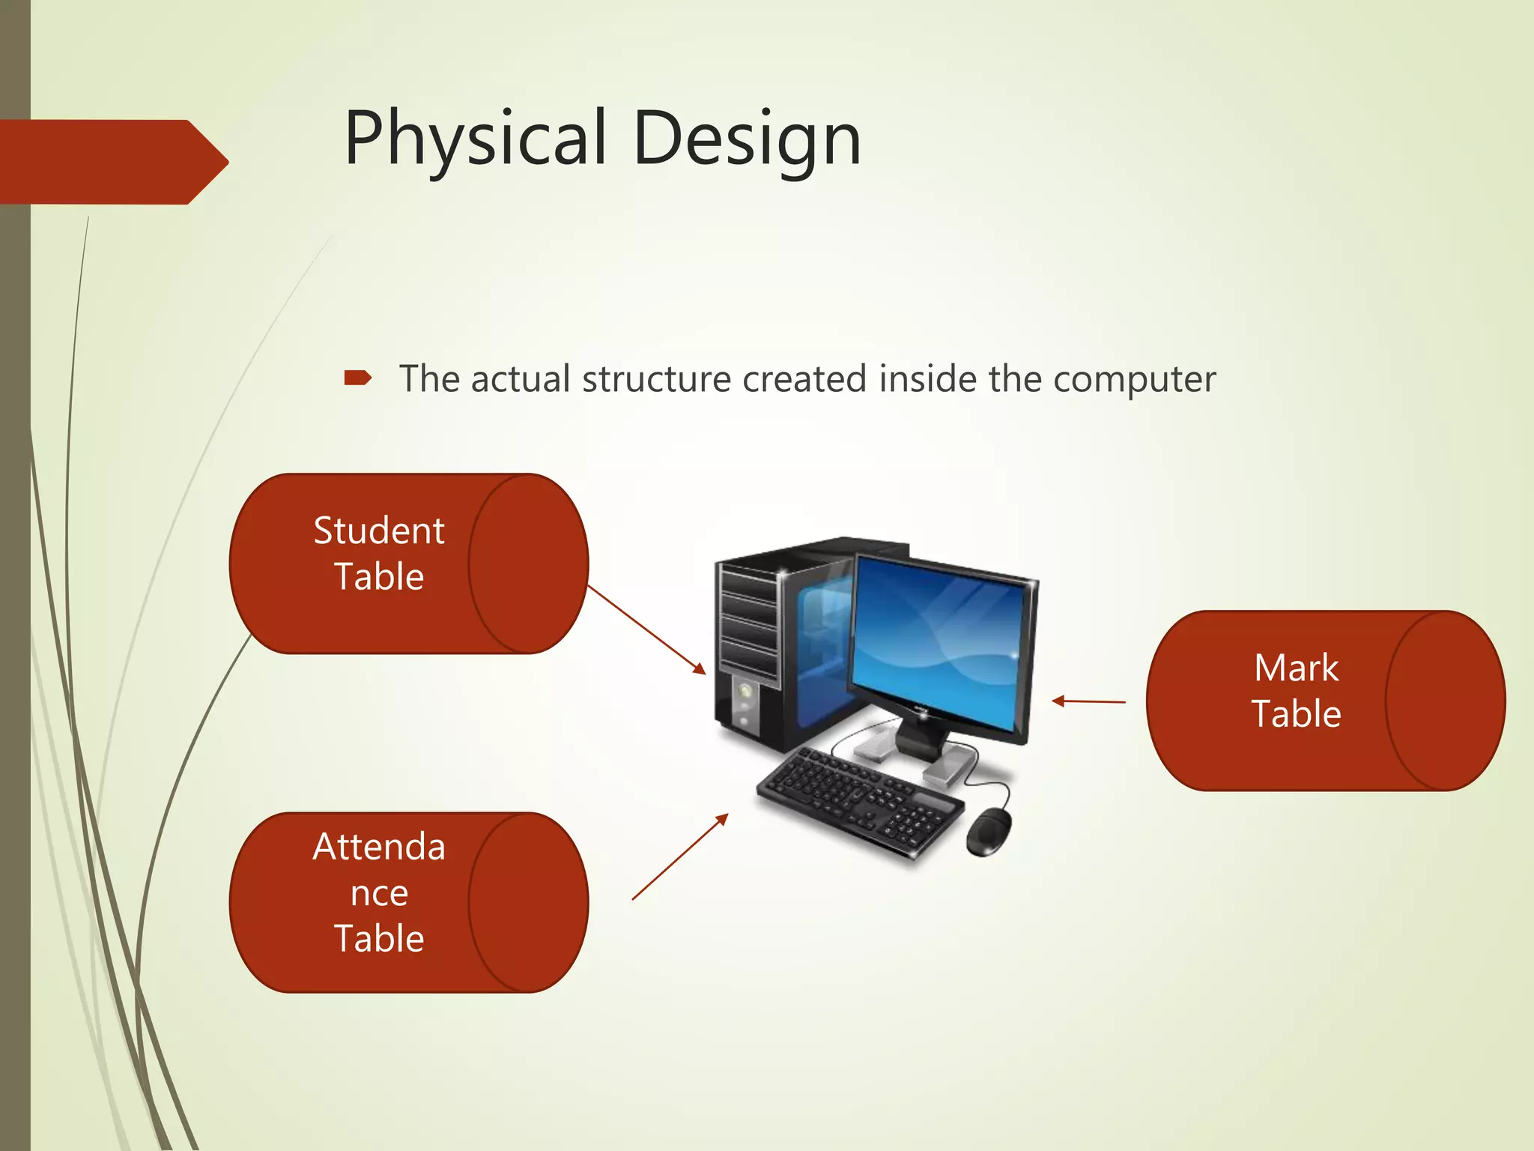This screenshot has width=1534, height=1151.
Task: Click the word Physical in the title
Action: click(x=474, y=139)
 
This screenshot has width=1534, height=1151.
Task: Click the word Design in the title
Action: click(x=747, y=139)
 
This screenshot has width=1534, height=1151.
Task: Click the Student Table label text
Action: click(x=379, y=553)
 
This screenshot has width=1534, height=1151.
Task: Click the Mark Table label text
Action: click(x=1296, y=690)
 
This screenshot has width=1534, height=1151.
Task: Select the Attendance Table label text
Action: click(x=379, y=892)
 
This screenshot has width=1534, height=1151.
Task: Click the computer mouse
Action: click(x=989, y=832)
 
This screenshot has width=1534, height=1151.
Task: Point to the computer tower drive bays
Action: click(x=748, y=622)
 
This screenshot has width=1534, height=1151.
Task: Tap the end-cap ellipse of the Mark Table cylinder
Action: click(x=1445, y=701)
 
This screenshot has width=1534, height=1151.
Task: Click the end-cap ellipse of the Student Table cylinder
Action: click(x=528, y=564)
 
